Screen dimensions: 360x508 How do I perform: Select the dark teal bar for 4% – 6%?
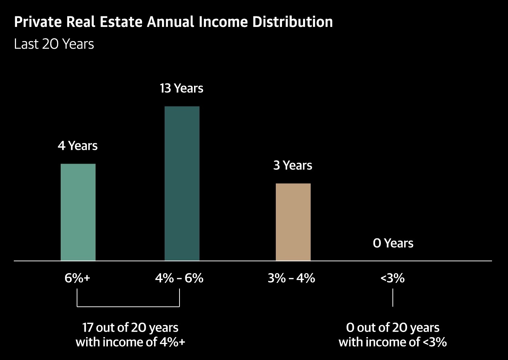pyautogui.click(x=182, y=183)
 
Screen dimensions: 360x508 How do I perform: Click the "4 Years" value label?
pyautogui.click(x=78, y=146)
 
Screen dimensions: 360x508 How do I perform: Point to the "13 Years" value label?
pyautogui.click(x=182, y=88)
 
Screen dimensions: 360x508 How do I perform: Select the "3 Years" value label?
pyautogui.click(x=293, y=165)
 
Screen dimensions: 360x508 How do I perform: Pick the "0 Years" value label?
pyautogui.click(x=393, y=243)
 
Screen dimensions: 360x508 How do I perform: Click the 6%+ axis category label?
pyautogui.click(x=77, y=278)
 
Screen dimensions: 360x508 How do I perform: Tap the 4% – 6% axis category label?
pyautogui.click(x=179, y=278)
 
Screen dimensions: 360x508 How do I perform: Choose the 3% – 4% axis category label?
pyautogui.click(x=291, y=278)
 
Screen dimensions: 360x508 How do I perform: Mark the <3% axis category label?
pyautogui.click(x=392, y=278)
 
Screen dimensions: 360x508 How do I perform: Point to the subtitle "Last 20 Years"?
pyautogui.click(x=54, y=44)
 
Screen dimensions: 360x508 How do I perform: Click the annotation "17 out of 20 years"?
pyautogui.click(x=130, y=328)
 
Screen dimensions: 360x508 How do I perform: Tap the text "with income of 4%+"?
pyautogui.click(x=130, y=342)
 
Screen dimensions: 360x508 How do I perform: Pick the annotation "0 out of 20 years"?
pyautogui.click(x=393, y=328)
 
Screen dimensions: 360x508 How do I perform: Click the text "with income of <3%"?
pyautogui.click(x=393, y=342)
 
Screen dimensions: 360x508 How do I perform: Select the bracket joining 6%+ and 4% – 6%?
pyautogui.click(x=128, y=306)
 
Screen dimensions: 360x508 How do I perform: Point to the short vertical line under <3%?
pyautogui.click(x=393, y=298)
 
